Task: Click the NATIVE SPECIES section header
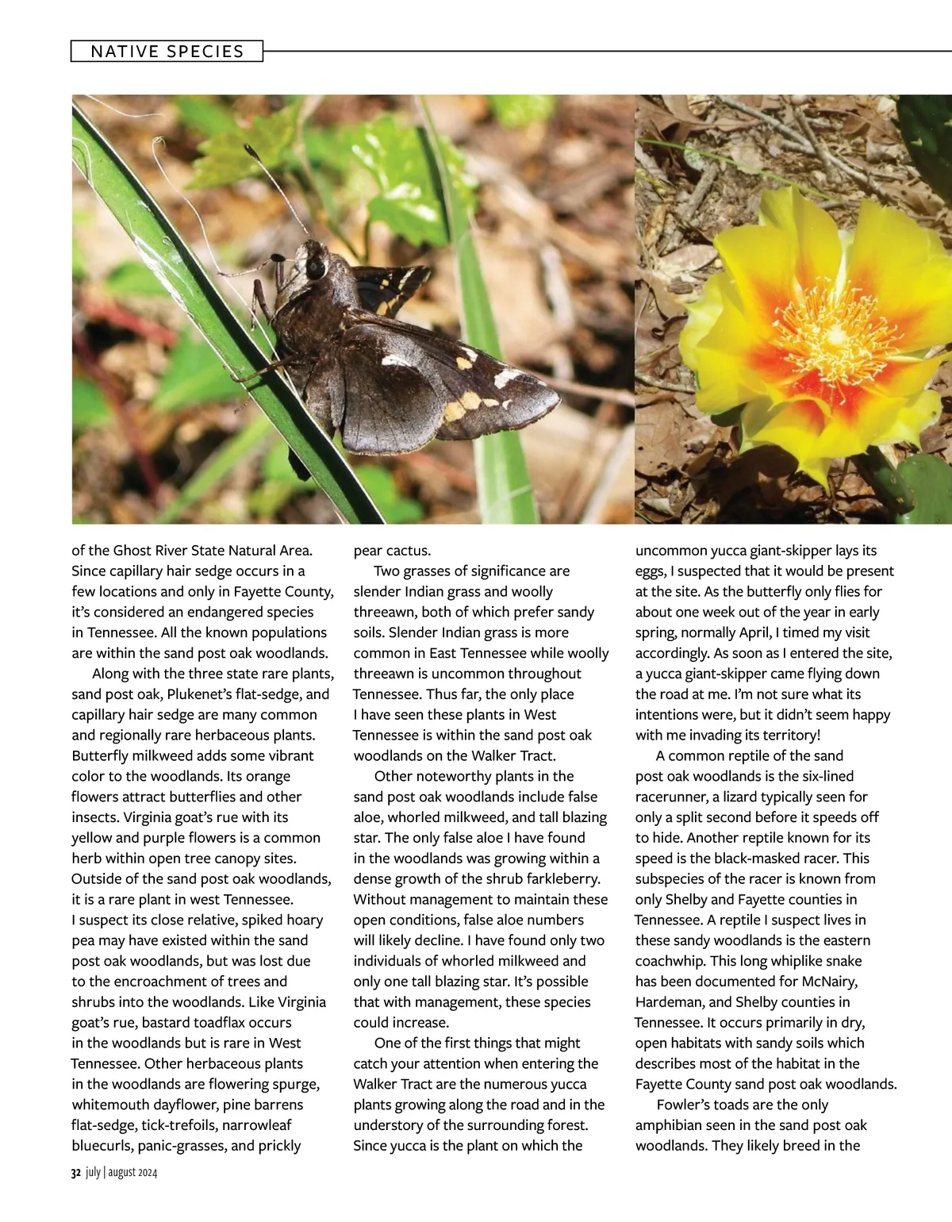tap(167, 52)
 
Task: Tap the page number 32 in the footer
tap(76, 1173)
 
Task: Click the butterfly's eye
tap(315, 267)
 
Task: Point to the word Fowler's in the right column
tap(687, 1105)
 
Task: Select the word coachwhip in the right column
tap(670, 961)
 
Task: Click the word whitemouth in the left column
tap(107, 1105)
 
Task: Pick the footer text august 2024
tap(132, 1173)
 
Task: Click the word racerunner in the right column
tap(674, 797)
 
